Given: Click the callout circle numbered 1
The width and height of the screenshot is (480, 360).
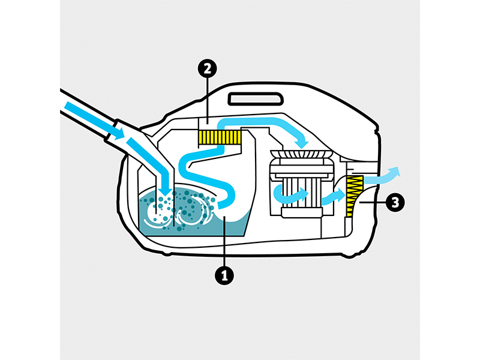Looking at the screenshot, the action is tap(224, 276).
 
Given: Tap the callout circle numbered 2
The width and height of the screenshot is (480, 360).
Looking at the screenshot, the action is tap(207, 68).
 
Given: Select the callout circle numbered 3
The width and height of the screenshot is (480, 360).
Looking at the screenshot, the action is tap(395, 202).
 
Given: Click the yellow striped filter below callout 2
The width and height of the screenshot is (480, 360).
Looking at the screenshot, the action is tap(220, 137).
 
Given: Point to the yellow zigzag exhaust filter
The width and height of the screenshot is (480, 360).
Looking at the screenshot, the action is tap(354, 196).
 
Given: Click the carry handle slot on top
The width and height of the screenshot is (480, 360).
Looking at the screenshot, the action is tap(256, 99).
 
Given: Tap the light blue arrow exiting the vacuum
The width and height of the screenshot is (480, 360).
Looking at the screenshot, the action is tap(382, 176).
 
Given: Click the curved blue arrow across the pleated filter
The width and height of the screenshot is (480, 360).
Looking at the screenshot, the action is tap(290, 194).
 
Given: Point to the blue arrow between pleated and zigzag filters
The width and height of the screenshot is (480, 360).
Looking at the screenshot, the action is tap(334, 196).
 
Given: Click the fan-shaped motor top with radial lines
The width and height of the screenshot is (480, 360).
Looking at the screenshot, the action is tap(301, 154).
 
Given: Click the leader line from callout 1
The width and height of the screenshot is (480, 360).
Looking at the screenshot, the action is tap(224, 241).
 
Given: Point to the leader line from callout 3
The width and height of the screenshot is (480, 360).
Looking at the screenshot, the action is tap(372, 202).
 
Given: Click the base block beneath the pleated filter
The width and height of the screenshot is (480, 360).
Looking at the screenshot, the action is tap(302, 212).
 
